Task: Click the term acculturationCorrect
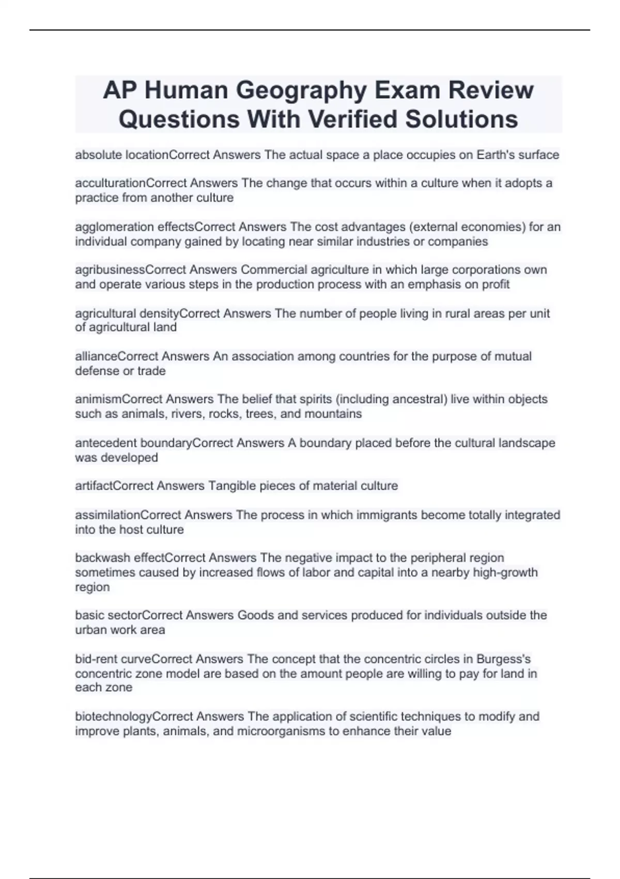pyautogui.click(x=131, y=183)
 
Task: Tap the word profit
pyautogui.click(x=495, y=284)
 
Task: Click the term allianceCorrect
pyautogui.click(x=117, y=356)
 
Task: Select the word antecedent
pyautogui.click(x=106, y=443)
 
